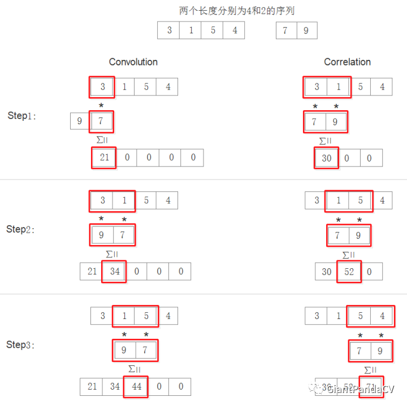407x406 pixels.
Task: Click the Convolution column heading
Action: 133,62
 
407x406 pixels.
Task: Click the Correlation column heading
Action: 347,62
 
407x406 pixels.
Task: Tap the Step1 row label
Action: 21,116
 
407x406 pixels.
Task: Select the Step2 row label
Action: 21,229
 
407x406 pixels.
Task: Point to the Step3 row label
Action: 21,344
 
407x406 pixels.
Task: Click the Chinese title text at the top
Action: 237,11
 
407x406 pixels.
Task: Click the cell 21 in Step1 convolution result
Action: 104,158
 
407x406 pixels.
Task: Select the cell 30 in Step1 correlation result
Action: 327,158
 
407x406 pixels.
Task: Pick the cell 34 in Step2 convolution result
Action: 115,272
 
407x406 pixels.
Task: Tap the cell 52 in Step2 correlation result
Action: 349,272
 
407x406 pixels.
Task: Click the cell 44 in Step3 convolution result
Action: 136,387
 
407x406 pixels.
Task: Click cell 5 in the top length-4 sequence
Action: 213,30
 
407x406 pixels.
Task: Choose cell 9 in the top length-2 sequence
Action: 306,30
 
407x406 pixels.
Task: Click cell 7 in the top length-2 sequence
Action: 285,30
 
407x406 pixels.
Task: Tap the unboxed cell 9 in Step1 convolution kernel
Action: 80,121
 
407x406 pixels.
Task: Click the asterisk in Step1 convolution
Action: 101,106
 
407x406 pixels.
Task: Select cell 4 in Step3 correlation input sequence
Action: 382,316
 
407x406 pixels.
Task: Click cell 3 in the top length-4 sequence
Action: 169,30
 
